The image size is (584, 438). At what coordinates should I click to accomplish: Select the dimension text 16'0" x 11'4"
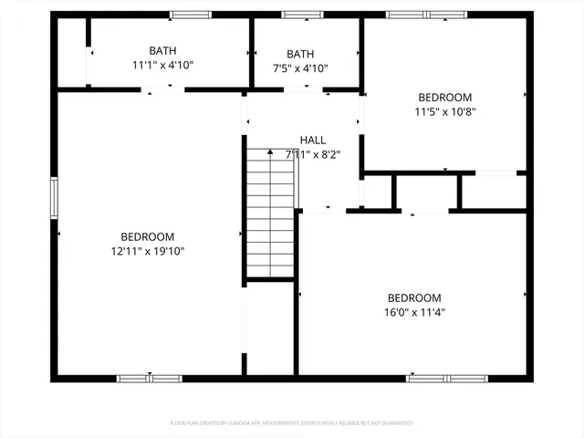point(414,312)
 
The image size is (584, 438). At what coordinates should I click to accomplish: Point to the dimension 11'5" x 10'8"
point(445,112)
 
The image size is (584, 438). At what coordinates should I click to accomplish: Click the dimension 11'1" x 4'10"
point(163,66)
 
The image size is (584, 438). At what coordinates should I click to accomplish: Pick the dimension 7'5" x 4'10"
point(300,68)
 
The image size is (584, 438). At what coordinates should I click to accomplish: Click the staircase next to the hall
point(271,212)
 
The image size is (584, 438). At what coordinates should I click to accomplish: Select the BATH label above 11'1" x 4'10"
point(163,51)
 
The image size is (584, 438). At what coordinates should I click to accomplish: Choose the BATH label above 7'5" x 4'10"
point(300,55)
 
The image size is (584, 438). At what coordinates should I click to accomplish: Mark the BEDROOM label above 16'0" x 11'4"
point(414,297)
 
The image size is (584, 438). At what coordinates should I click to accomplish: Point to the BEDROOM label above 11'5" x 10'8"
point(445,98)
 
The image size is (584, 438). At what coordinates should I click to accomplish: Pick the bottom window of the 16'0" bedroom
point(447,378)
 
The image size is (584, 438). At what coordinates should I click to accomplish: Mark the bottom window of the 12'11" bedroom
point(150,378)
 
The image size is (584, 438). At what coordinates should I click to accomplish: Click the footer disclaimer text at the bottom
point(292,423)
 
